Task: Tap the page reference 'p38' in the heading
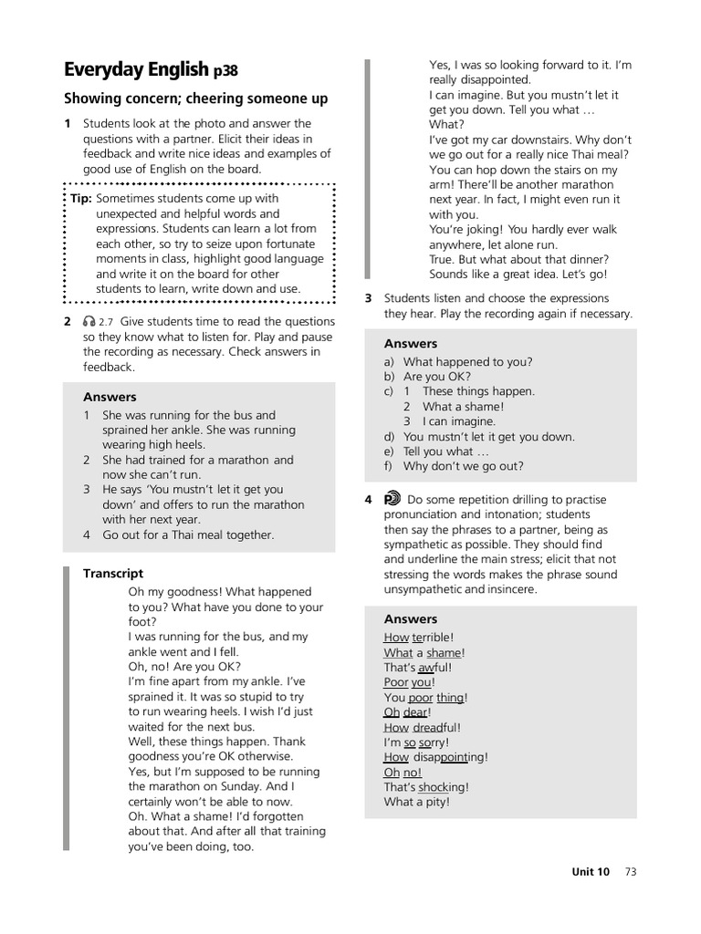point(225,71)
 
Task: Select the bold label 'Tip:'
point(81,199)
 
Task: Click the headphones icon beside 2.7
point(89,321)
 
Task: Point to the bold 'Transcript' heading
point(113,574)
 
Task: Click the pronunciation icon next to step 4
point(392,499)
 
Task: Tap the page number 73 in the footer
point(631,871)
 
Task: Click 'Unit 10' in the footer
point(591,871)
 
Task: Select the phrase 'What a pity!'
point(416,802)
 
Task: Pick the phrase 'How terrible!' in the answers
point(418,638)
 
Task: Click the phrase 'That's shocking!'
point(426,787)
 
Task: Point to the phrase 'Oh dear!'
point(407,712)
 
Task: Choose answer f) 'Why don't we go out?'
point(463,466)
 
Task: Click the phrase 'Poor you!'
point(410,682)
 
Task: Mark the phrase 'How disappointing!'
point(436,757)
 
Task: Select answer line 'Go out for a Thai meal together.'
point(187,534)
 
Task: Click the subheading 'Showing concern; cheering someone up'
point(196,99)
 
